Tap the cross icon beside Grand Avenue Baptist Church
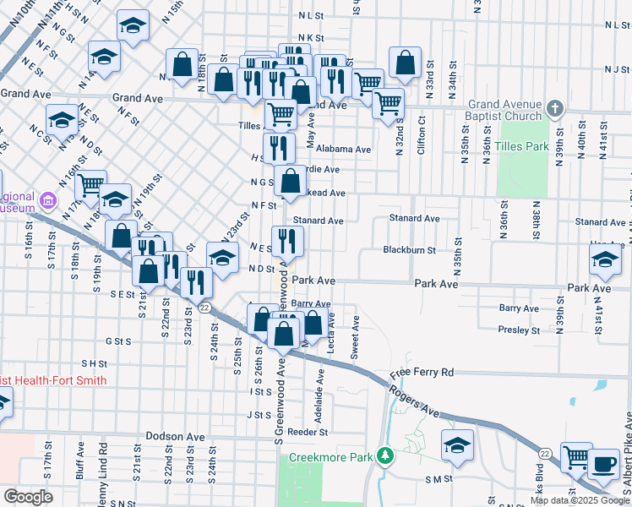pyautogui.click(x=554, y=109)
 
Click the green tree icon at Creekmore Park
pyautogui.click(x=386, y=456)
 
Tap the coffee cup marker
pyautogui.click(x=603, y=463)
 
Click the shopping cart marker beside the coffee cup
pyautogui.click(x=576, y=457)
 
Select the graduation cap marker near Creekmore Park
pyautogui.click(x=457, y=444)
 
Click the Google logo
pyautogui.click(x=28, y=497)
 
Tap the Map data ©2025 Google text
pyautogui.click(x=578, y=500)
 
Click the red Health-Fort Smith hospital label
pyautogui.click(x=52, y=380)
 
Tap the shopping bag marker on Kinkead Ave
pyautogui.click(x=290, y=182)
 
